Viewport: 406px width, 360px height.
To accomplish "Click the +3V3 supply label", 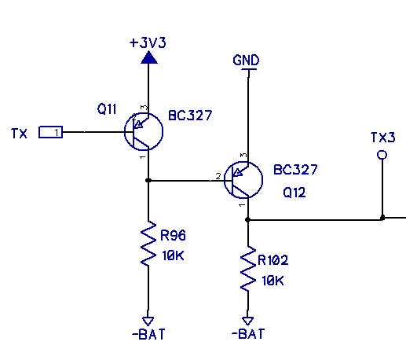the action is coord(148,42).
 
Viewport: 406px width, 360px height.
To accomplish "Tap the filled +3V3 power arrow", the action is coord(149,57).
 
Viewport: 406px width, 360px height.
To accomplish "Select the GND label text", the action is coord(246,60).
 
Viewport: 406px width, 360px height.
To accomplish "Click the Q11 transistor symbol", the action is coord(144,131).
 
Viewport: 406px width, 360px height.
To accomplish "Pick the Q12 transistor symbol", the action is coord(243,180).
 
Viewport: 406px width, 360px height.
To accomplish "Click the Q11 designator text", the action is coord(107,108).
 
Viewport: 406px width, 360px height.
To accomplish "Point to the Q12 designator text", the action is coord(294,193).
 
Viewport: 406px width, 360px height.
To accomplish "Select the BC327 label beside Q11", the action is coord(190,116).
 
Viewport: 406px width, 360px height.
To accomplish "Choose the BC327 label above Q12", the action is coord(295,170).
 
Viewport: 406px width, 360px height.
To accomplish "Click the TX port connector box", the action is coord(50,132).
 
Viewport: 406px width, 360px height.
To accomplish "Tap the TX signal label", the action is coord(19,134).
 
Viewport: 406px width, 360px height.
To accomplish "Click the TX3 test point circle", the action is coord(382,155).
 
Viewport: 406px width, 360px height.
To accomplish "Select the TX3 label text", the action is coord(382,138).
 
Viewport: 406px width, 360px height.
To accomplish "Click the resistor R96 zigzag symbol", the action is coord(148,244).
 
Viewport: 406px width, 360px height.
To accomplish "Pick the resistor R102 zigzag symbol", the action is coord(248,269).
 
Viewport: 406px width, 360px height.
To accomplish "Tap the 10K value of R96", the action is coord(173,255).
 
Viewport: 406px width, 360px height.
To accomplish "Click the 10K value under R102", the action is coord(272,281).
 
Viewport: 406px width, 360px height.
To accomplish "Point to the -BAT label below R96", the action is coord(148,334).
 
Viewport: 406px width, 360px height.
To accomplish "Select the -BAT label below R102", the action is coord(248,334).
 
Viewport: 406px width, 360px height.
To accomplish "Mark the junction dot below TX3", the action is coord(382,218).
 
